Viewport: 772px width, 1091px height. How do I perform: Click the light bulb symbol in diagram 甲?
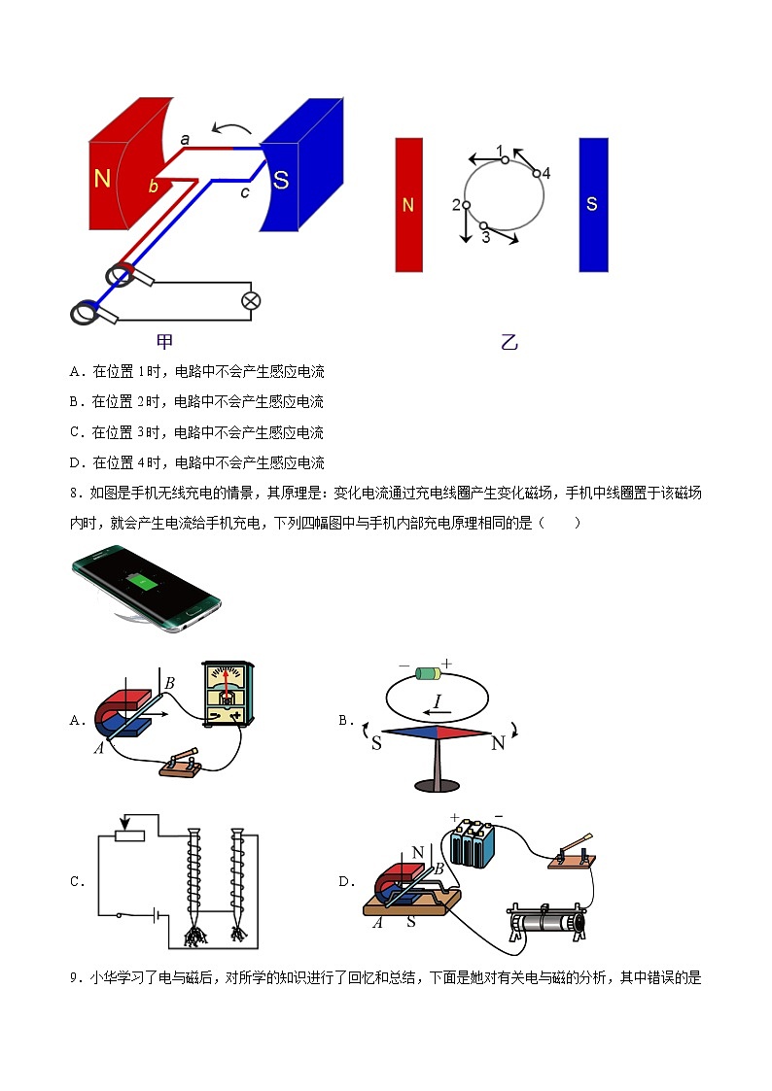point(251,300)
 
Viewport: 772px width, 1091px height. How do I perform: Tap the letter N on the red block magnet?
point(102,179)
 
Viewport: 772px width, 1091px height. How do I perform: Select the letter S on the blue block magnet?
point(281,180)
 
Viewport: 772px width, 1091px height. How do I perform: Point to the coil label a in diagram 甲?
point(185,139)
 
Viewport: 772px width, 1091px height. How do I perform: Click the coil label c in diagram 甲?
point(244,192)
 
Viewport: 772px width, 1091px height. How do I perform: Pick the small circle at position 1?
point(505,160)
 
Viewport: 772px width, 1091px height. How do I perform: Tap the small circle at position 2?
point(467,205)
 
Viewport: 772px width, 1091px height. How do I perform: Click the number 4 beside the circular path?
point(546,173)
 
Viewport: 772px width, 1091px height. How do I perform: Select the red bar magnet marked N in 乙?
point(409,205)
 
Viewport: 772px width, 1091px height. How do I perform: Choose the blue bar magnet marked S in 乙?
point(594,205)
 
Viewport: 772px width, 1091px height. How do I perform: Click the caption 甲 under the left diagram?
point(164,341)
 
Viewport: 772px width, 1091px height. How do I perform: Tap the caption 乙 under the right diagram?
point(509,342)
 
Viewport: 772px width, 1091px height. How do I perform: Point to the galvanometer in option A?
point(228,694)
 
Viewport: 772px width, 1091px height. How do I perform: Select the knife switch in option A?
point(182,763)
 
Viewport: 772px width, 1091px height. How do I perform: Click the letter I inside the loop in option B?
point(438,700)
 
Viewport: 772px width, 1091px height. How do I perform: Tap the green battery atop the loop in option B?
point(428,673)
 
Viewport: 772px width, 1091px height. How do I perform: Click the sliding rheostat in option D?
point(547,922)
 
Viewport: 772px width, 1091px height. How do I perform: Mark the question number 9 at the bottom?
point(74,977)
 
